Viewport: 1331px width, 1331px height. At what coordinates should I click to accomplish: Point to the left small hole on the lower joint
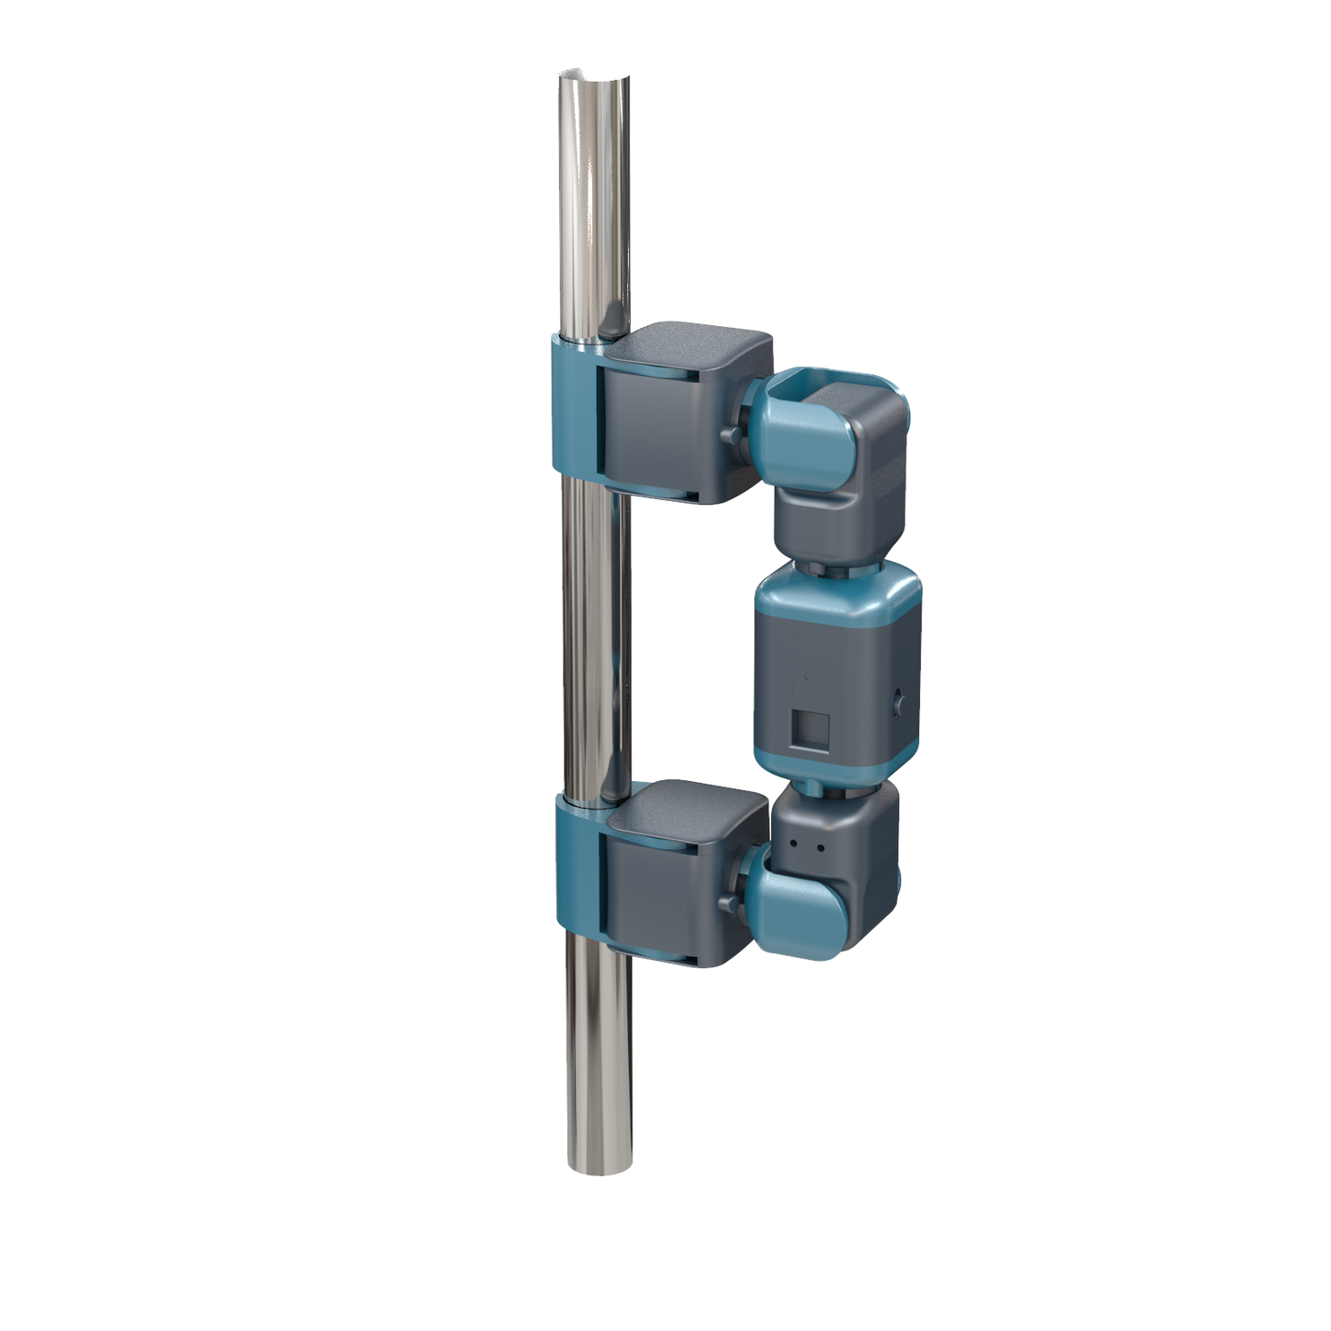[793, 842]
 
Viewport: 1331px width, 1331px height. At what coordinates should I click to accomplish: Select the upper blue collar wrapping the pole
[573, 405]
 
